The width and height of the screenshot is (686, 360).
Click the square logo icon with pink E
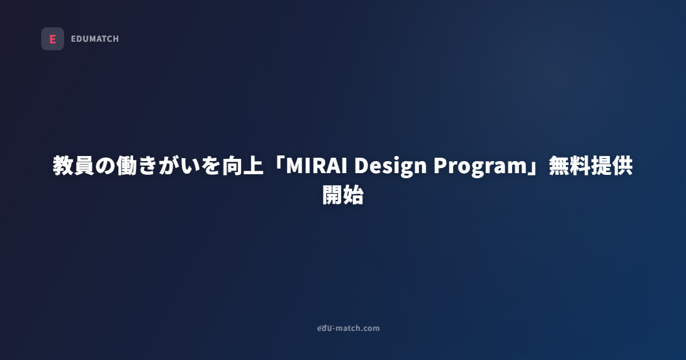[53, 39]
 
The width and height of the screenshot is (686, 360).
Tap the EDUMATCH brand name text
[95, 39]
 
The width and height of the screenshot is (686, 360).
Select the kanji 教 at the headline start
[63, 166]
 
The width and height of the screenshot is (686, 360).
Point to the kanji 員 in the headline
[85, 166]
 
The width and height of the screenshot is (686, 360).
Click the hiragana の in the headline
[106, 166]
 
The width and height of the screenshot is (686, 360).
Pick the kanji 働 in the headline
[127, 166]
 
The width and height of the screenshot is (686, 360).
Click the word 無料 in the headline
[569, 166]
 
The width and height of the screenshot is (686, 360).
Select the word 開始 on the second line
[343, 195]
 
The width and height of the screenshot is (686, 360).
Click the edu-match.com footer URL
[348, 328]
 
